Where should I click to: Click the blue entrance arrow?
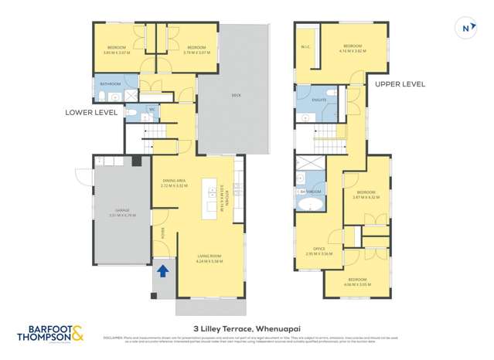click(163, 270)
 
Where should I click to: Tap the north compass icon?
click(466, 29)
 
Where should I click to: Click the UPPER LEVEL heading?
click(400, 83)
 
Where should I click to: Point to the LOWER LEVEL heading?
click(91, 112)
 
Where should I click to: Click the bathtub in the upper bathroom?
click(312, 205)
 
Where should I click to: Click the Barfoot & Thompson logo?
click(50, 334)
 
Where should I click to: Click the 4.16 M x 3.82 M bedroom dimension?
click(353, 51)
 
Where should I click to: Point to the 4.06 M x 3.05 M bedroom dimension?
click(356, 284)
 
